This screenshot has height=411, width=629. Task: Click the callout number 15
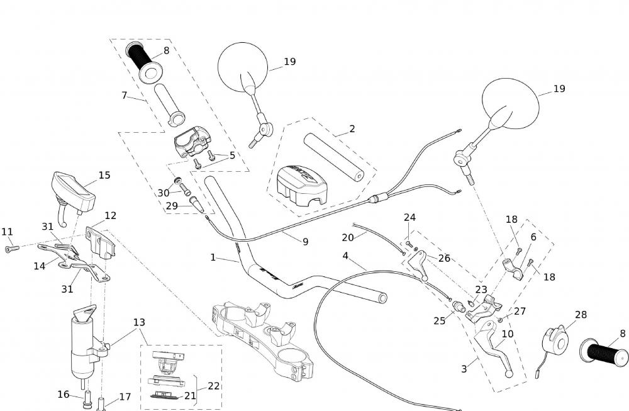(104, 176)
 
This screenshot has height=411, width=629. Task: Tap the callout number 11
(7, 232)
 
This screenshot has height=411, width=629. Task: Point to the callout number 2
(352, 129)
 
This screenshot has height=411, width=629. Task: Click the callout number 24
(409, 218)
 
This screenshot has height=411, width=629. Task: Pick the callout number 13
(139, 322)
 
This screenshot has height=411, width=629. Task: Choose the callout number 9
(305, 240)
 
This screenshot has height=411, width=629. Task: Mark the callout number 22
(214, 386)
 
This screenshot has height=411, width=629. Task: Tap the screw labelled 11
(11, 249)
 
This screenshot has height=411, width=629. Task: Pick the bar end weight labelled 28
(555, 340)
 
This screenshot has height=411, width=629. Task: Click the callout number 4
(345, 256)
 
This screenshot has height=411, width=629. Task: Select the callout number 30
(164, 193)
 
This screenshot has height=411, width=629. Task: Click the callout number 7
(125, 96)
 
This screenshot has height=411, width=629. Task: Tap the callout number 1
(213, 257)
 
